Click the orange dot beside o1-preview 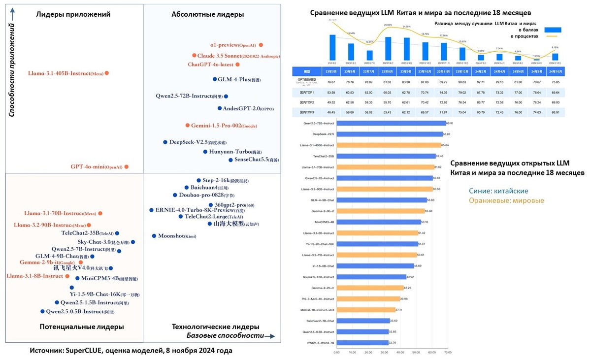[261, 45]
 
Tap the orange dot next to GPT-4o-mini [127, 167]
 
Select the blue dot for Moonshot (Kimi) [154, 236]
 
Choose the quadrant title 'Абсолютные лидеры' [207, 14]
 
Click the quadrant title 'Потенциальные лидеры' [74, 327]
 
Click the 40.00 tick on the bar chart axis [400, 352]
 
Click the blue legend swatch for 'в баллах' [552, 30]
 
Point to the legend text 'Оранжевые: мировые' [514, 201]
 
